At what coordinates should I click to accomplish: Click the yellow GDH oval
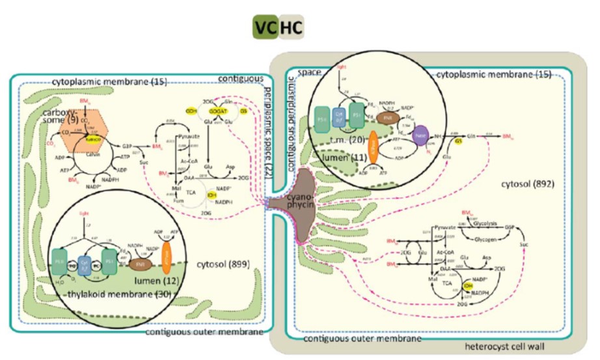(172, 112)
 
